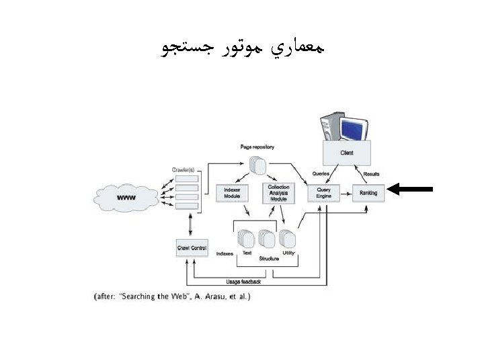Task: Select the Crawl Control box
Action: click(x=192, y=248)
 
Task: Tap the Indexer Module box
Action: click(x=232, y=193)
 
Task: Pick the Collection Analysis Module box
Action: click(x=278, y=193)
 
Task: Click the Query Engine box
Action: click(x=324, y=193)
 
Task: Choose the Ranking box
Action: click(x=368, y=193)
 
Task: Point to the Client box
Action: click(x=347, y=153)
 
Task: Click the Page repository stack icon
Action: click(x=257, y=165)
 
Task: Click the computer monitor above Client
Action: click(x=354, y=127)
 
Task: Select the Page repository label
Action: click(x=257, y=147)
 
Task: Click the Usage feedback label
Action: click(x=244, y=281)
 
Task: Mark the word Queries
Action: click(x=321, y=174)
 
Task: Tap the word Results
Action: click(x=371, y=174)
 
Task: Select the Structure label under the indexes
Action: click(x=269, y=258)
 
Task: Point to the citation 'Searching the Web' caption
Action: click(x=171, y=296)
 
